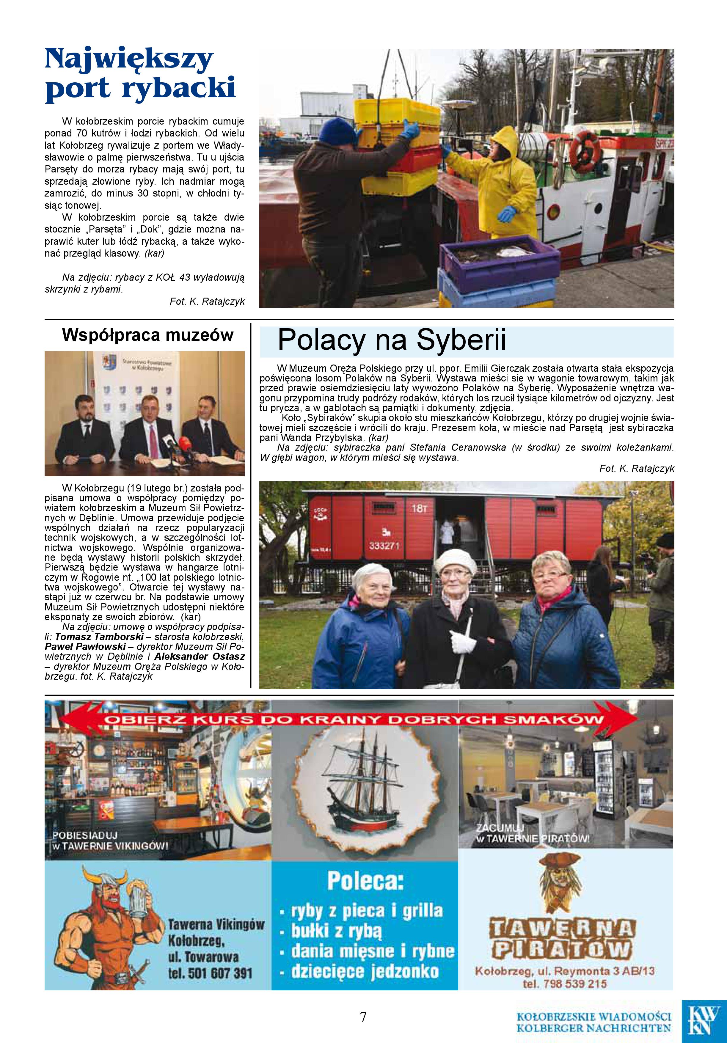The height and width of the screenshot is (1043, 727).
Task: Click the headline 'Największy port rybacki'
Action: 140,74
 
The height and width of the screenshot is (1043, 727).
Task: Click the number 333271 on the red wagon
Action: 384,546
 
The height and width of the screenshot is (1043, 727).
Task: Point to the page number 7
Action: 363,1017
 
